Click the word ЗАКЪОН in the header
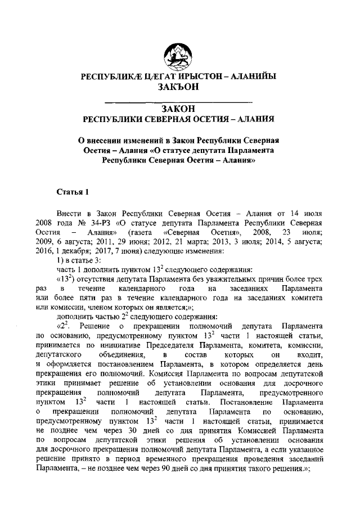pos(179,87)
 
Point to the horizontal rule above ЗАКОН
pos(179,101)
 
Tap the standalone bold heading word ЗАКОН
pos(179,109)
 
